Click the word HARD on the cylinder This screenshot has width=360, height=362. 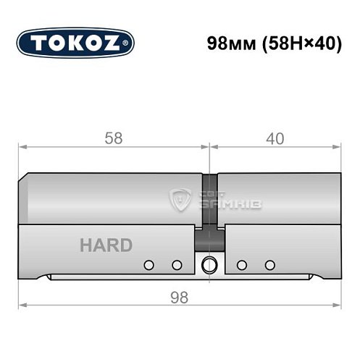point(105,245)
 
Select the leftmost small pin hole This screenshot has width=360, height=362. point(149,264)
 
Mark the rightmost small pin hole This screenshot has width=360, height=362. point(269,264)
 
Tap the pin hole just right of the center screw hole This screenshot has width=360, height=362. point(243,264)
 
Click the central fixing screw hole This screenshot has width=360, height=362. point(209,264)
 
